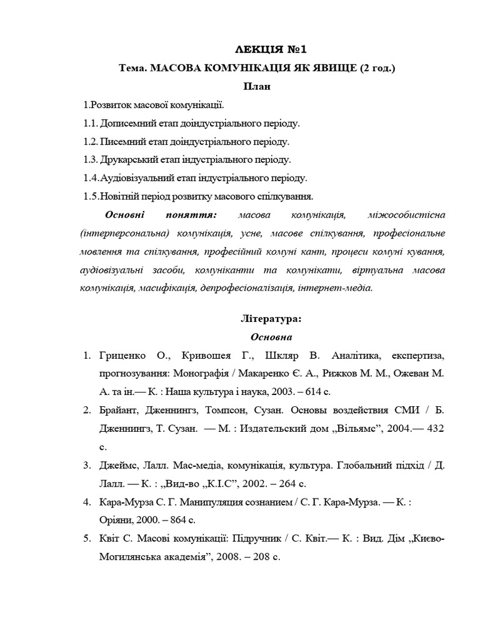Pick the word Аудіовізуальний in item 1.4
click(x=138, y=178)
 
